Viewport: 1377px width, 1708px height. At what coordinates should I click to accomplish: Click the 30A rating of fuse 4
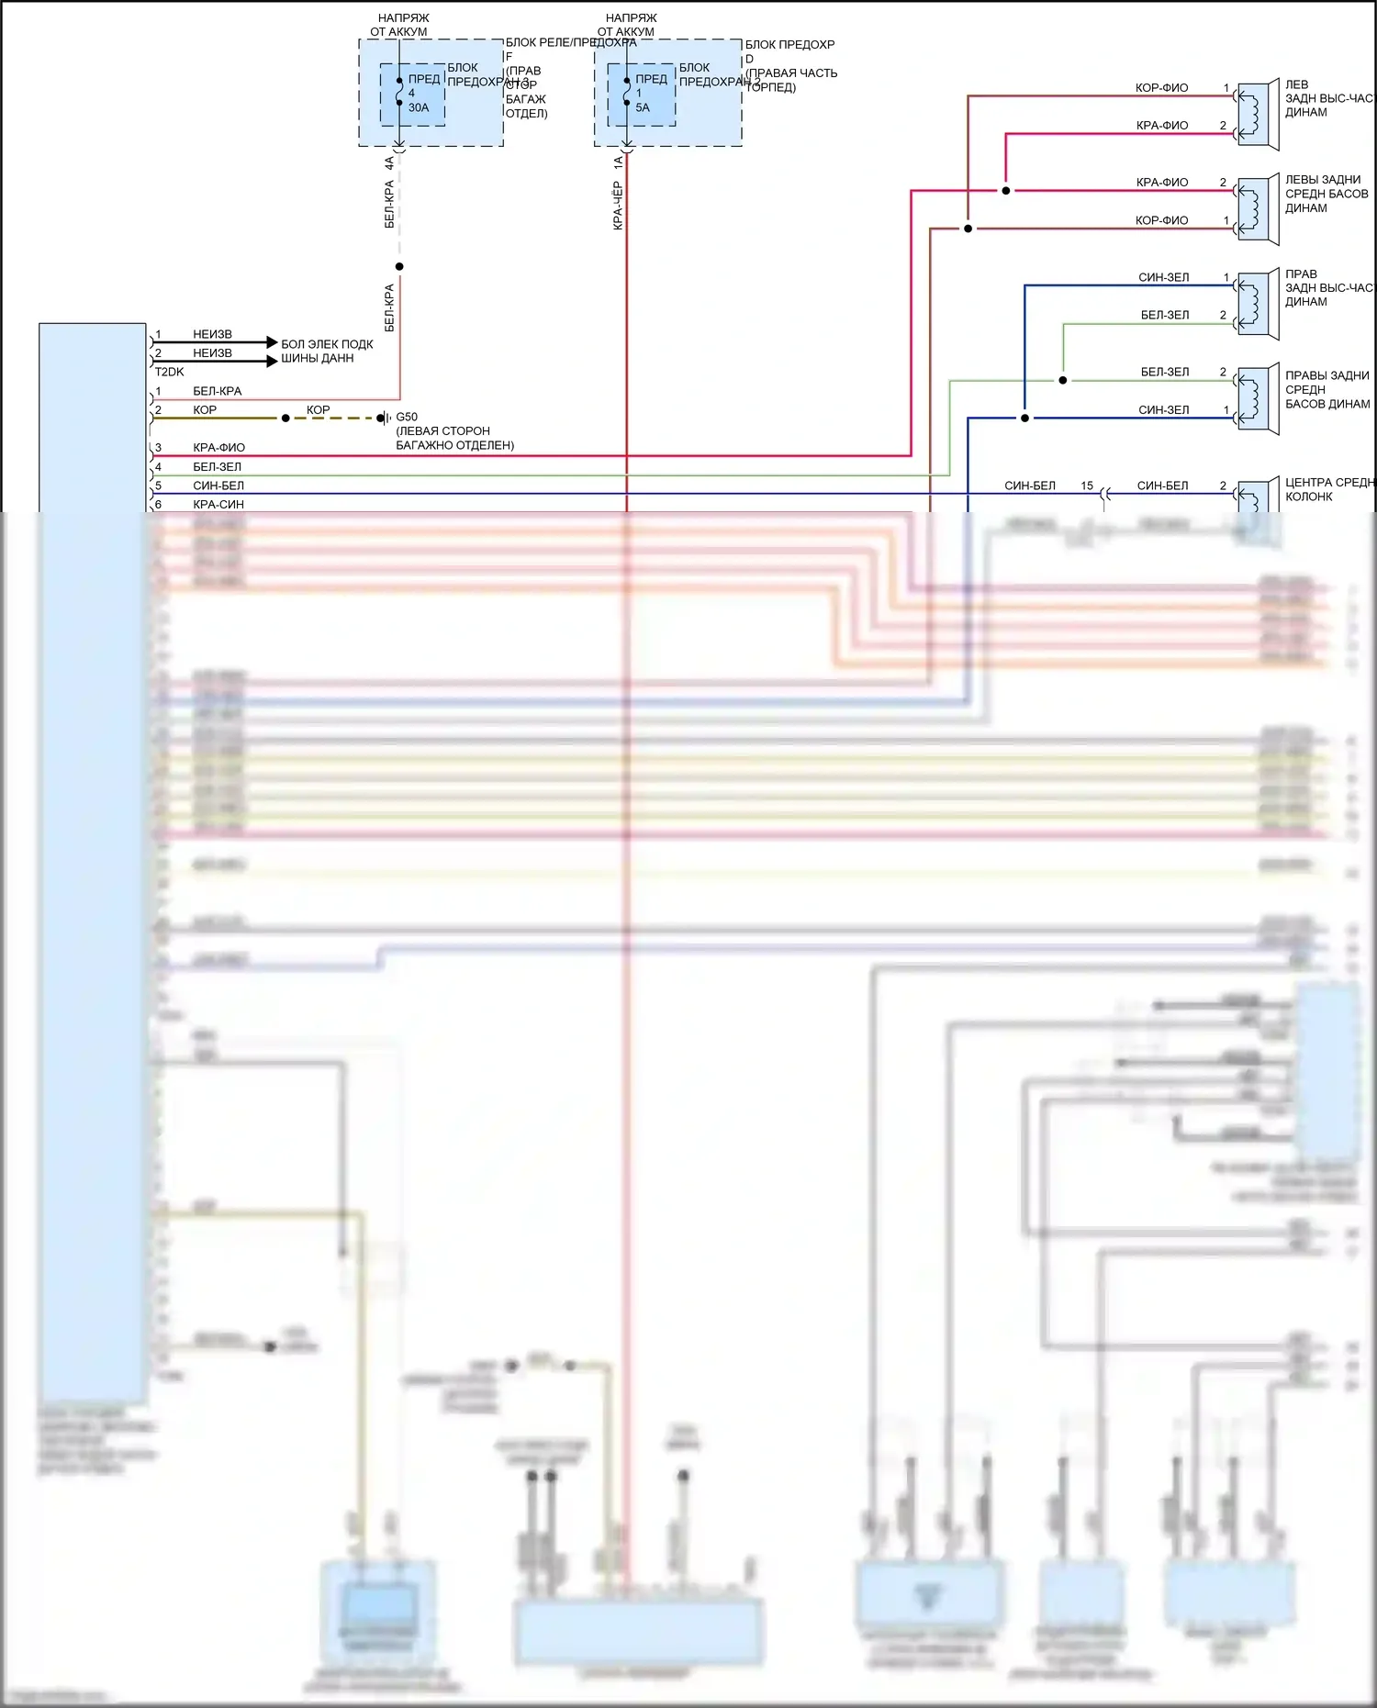pos(418,107)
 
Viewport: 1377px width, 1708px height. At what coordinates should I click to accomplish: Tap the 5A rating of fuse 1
pos(642,107)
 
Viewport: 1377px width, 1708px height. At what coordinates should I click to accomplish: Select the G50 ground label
pos(407,417)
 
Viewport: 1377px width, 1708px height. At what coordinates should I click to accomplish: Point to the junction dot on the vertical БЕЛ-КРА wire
pos(399,266)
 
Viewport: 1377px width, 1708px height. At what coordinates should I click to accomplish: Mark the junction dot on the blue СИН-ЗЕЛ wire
pos(1024,419)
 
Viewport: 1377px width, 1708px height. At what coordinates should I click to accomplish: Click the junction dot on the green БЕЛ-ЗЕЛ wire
pos(1062,380)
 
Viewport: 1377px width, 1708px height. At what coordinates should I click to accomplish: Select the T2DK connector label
pos(169,372)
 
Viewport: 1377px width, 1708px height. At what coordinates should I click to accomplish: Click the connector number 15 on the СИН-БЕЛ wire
pos(1087,486)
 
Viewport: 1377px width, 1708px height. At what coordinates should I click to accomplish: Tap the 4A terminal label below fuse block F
pos(389,163)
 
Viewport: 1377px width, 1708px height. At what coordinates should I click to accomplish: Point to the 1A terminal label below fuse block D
pos(618,163)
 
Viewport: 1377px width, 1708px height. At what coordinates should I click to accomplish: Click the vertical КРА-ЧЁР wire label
pos(618,206)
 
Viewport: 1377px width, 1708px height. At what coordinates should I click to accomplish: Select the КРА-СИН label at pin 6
pos(218,504)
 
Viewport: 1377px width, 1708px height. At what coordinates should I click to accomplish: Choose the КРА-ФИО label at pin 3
pos(218,448)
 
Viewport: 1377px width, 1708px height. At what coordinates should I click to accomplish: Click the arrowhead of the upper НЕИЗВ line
pos(272,342)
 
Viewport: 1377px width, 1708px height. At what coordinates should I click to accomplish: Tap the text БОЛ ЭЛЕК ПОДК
pos(327,344)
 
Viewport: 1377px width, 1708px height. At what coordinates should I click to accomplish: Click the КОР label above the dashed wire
pos(318,409)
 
